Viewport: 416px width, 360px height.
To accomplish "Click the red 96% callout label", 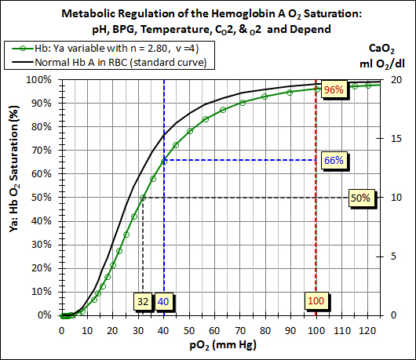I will coord(334,89).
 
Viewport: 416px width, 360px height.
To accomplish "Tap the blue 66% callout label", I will coord(334,160).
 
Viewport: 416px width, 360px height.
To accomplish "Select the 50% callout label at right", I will coord(360,198).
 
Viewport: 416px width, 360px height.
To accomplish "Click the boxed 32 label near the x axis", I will coord(142,302).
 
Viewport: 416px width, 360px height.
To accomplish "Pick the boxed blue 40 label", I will coord(163,302).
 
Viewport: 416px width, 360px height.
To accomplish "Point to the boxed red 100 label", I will coord(316,302).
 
